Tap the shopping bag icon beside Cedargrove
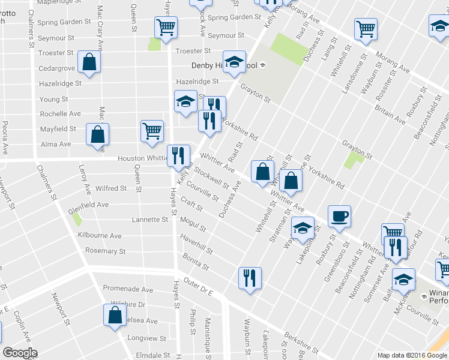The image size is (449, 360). pos(89,62)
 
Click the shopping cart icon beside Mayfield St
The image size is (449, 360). pos(152,130)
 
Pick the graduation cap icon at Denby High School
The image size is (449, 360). pos(234,61)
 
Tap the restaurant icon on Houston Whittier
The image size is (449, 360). pos(178,155)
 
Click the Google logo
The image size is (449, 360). pos(19,353)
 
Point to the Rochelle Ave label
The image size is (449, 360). pos(60,114)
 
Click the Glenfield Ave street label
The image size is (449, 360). pos(88,205)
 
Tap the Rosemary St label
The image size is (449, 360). pos(105,251)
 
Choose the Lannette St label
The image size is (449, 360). pos(149,220)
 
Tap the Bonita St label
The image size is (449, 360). pos(196,261)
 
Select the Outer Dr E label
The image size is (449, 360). pos(199,286)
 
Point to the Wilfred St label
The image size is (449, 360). pos(111,188)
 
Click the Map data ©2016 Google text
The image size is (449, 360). pos(411,355)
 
